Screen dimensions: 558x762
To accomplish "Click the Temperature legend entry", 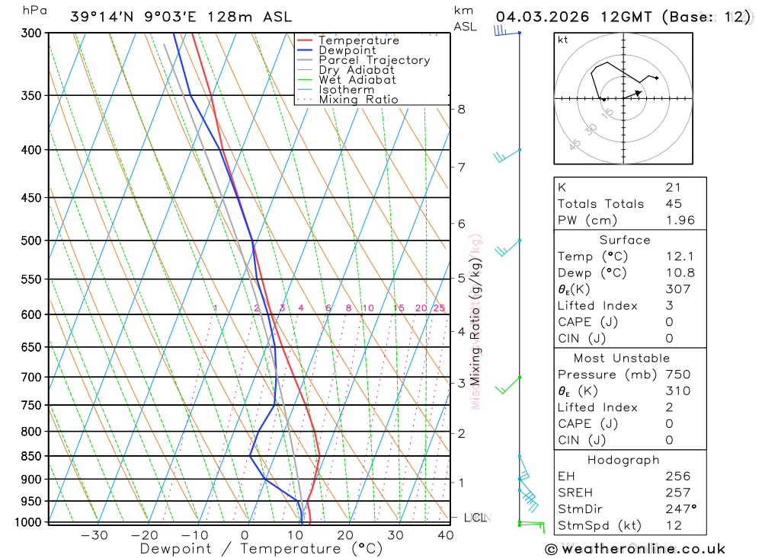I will [358, 40].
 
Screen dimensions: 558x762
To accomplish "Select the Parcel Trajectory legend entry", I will [374, 60].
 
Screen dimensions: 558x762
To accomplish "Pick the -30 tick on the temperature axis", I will [94, 534].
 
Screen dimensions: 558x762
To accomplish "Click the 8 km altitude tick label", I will [461, 109].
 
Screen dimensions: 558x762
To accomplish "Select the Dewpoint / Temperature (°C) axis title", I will [261, 549].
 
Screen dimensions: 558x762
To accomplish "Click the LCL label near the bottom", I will [475, 518].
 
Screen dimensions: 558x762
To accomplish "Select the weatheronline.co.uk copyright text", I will [636, 549].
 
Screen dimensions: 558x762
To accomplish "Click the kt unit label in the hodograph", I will [563, 40].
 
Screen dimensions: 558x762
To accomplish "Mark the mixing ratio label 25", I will [439, 308].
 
